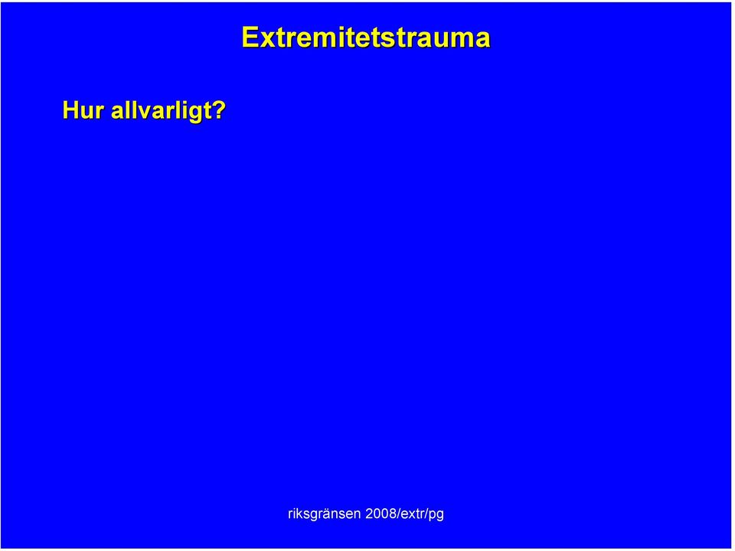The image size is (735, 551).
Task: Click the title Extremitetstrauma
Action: (x=366, y=37)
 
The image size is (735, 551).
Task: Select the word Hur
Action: (x=83, y=110)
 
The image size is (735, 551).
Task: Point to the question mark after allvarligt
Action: (x=217, y=110)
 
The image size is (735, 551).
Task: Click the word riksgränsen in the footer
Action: (x=324, y=514)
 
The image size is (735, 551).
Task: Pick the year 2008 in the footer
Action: (x=381, y=514)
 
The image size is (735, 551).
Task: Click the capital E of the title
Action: (x=250, y=37)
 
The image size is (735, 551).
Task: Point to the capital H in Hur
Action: (x=70, y=110)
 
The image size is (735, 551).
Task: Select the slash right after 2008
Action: (x=398, y=514)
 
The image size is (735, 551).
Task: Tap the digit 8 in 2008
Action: (x=393, y=514)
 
